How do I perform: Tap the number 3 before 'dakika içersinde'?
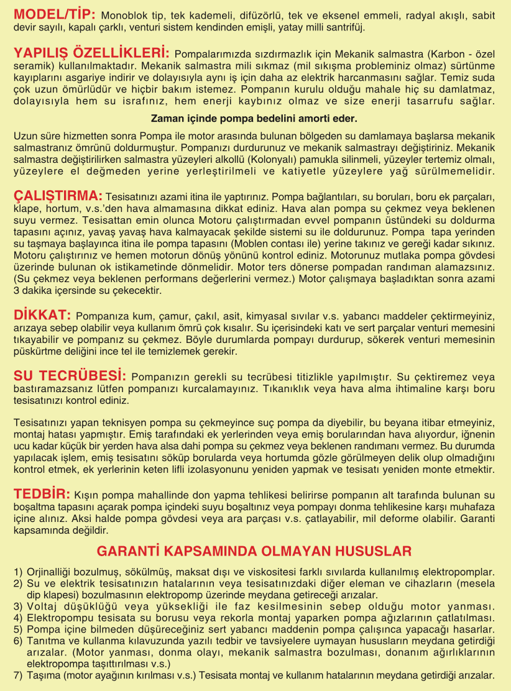pyautogui.click(x=17, y=290)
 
